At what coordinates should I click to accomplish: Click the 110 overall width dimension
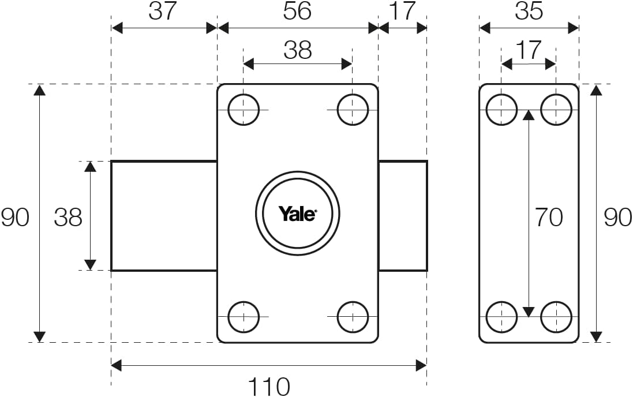(269, 387)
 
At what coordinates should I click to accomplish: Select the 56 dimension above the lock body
(297, 11)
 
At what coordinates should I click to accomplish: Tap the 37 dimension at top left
(162, 11)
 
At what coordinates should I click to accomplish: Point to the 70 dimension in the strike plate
(549, 217)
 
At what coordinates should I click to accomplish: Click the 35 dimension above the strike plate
(529, 11)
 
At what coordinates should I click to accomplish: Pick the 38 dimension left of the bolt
(68, 217)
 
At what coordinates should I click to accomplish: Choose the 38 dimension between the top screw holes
(298, 50)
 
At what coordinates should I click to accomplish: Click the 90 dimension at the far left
(15, 217)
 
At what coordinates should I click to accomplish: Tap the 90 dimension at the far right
(617, 217)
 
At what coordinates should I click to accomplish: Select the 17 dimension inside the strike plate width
(529, 50)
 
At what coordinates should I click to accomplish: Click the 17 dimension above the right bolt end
(403, 11)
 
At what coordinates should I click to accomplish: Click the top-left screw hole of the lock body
(244, 110)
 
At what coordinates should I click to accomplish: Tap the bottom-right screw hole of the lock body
(353, 317)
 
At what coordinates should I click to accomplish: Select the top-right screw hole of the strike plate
(556, 110)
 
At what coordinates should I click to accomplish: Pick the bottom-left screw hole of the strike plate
(501, 317)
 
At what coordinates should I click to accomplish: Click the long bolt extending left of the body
(164, 216)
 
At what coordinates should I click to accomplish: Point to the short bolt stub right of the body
(403, 216)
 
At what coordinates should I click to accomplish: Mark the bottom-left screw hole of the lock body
(244, 317)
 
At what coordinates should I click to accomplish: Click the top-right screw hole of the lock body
(353, 110)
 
